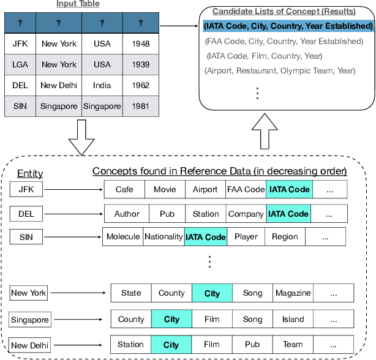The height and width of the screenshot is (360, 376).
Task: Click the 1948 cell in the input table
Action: tap(140, 43)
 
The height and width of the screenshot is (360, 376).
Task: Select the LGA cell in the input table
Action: tap(20, 64)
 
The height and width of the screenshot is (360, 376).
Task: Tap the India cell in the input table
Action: tap(102, 85)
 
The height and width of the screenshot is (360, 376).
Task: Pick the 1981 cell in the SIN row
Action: tap(140, 106)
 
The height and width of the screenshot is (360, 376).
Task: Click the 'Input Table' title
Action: tap(79, 4)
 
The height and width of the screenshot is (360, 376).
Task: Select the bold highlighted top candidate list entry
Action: tap(288, 26)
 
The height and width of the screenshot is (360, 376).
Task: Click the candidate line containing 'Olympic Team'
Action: tap(279, 70)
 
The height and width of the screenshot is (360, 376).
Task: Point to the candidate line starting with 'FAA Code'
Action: tap(284, 41)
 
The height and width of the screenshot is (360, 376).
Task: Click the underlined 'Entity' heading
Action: tap(30, 174)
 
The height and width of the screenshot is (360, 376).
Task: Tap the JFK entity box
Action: tap(26, 190)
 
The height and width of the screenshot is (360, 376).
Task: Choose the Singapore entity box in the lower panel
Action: tap(30, 320)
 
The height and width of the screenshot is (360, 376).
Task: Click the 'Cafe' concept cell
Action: tap(124, 190)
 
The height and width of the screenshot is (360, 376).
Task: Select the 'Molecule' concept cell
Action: tap(123, 236)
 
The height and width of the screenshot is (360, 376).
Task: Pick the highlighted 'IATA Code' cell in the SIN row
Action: tap(206, 236)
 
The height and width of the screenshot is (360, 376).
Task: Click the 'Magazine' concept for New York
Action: tap(293, 293)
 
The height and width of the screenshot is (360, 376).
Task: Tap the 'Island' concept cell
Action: tap(293, 320)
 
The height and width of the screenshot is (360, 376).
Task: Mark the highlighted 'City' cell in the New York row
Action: tap(212, 293)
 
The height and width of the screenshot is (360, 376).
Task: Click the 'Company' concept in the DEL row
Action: tap(246, 214)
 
